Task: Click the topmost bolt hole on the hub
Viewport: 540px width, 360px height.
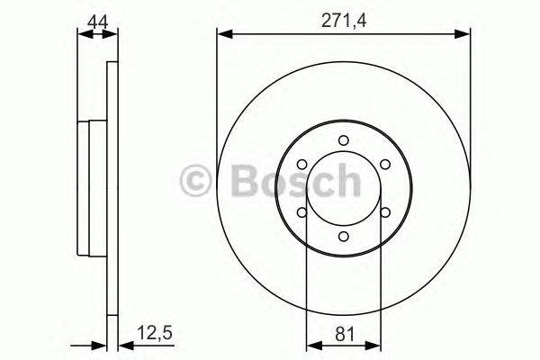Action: pos(343,139)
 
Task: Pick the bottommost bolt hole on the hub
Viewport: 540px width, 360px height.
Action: pos(343,237)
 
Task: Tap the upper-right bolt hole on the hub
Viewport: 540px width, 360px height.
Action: pos(385,164)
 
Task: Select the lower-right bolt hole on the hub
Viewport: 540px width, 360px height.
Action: pos(385,212)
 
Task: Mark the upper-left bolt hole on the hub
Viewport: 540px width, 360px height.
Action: pos(301,164)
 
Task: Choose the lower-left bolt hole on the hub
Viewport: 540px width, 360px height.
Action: pos(301,212)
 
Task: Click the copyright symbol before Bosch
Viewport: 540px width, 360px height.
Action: pos(197,182)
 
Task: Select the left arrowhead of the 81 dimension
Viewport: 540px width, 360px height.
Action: pos(312,343)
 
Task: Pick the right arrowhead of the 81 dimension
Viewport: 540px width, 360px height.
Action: pos(373,343)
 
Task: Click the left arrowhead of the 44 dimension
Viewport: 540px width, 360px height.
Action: pos(83,34)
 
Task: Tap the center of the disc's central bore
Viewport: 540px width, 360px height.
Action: pos(343,188)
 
